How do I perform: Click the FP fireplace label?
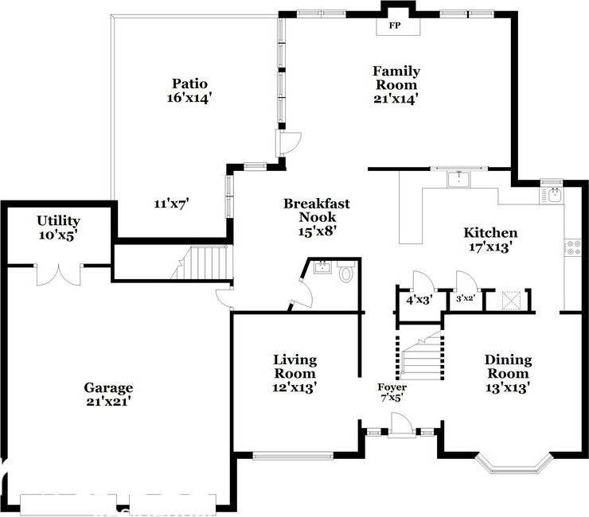(x=394, y=25)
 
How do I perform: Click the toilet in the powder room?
(x=346, y=274)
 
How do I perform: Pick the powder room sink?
(x=322, y=268)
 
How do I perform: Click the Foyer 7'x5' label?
(x=392, y=392)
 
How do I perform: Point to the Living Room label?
(x=294, y=367)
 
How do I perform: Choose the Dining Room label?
(x=509, y=367)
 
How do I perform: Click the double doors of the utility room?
(x=58, y=274)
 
